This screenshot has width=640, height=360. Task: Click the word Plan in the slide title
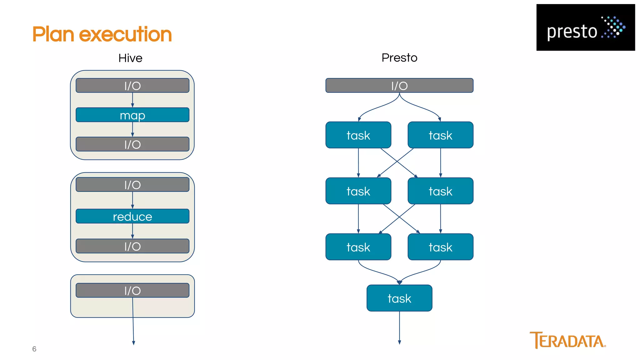click(53, 34)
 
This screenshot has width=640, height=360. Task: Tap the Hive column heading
click(130, 58)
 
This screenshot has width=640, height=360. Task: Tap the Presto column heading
click(399, 58)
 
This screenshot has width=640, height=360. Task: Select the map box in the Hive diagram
click(132, 115)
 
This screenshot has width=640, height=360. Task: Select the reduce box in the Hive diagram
click(132, 216)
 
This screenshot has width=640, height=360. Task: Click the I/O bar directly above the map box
click(132, 86)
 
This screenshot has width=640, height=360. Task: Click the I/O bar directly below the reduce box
click(132, 246)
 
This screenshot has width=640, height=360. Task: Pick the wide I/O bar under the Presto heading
click(399, 86)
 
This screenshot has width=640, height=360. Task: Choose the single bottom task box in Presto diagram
click(399, 298)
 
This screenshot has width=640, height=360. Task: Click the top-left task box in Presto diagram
click(358, 135)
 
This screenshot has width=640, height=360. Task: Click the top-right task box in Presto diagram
click(440, 135)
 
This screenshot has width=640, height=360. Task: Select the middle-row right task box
click(440, 191)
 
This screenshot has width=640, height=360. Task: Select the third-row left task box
click(358, 247)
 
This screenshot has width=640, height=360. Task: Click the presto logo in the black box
click(585, 28)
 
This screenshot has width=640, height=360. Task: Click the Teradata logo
click(567, 340)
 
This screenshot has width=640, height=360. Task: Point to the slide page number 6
click(34, 349)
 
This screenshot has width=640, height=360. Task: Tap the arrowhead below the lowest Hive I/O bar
click(133, 343)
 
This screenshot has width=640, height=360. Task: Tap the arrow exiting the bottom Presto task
click(399, 328)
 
